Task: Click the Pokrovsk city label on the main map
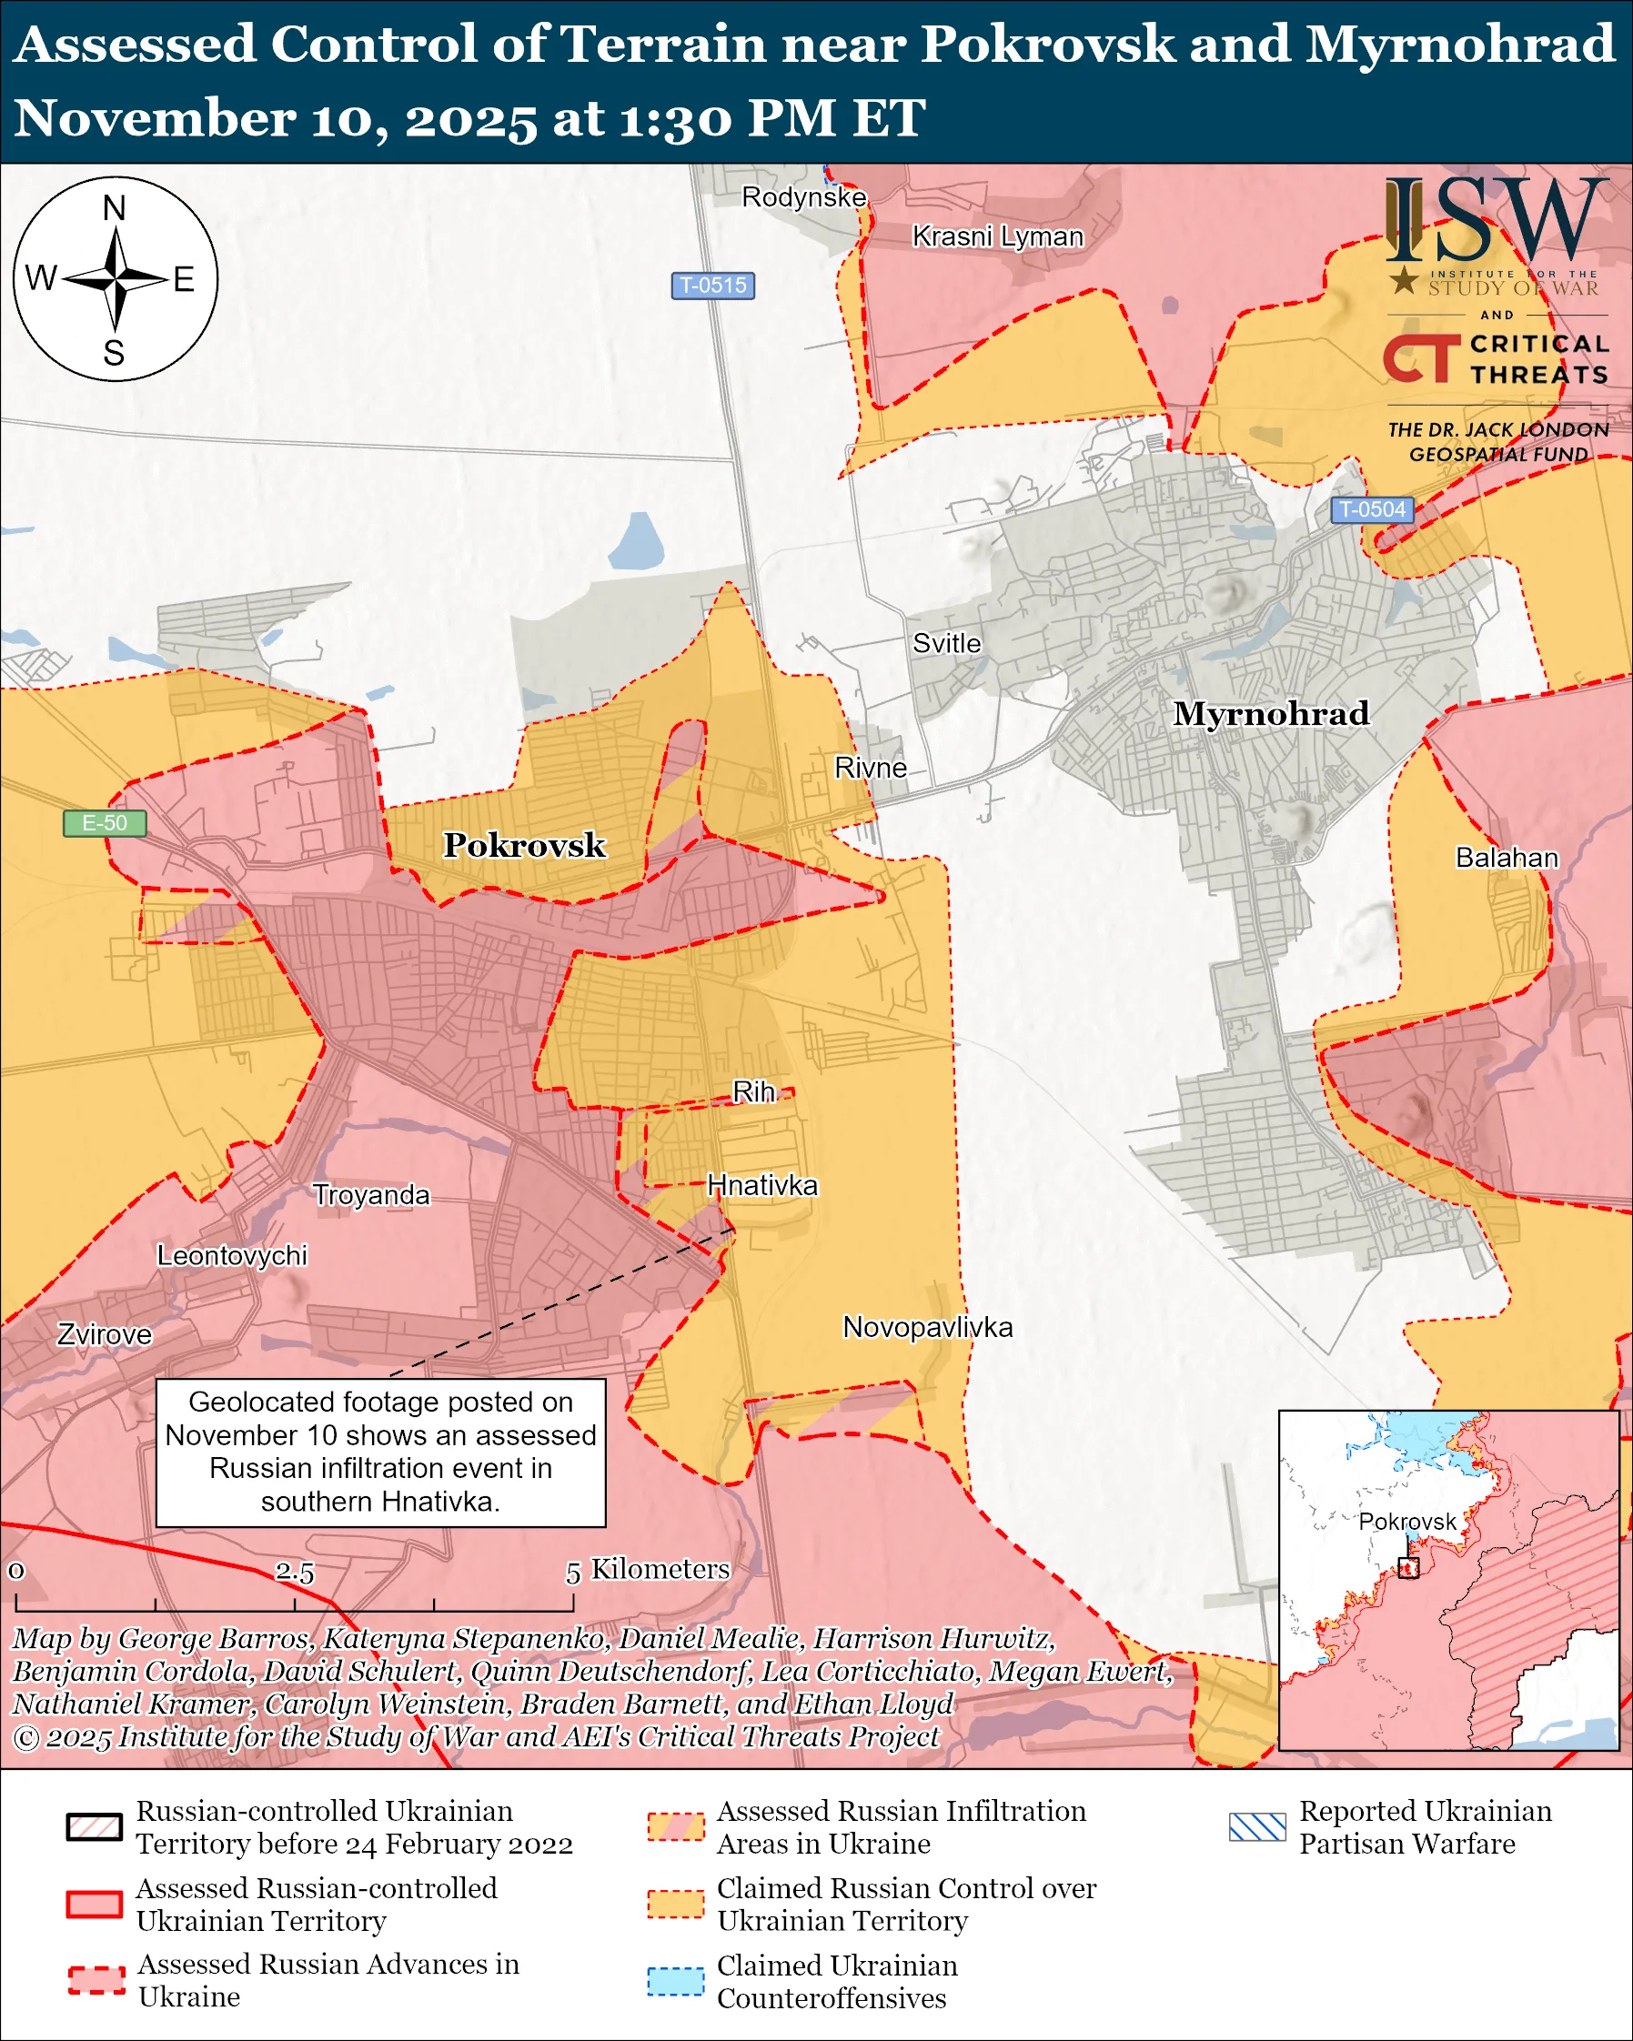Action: pyautogui.click(x=524, y=845)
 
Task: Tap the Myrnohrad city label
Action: pyautogui.click(x=1270, y=713)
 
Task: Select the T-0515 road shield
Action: pyautogui.click(x=713, y=285)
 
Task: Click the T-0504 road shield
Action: pyautogui.click(x=1373, y=509)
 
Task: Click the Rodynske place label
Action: pyautogui.click(x=803, y=196)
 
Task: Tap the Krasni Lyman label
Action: pyautogui.click(x=997, y=236)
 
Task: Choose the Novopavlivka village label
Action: pyautogui.click(x=928, y=1327)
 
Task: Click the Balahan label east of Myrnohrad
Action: pyautogui.click(x=1507, y=858)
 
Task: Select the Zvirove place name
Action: pyautogui.click(x=104, y=1335)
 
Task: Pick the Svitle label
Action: pyautogui.click(x=947, y=644)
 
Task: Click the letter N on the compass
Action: pyautogui.click(x=114, y=208)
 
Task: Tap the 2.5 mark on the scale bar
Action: pyautogui.click(x=295, y=1573)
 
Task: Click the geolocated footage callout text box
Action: pyautogui.click(x=380, y=1453)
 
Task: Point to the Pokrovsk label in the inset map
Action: pyautogui.click(x=1406, y=1522)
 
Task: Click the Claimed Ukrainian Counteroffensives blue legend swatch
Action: pyautogui.click(x=675, y=1981)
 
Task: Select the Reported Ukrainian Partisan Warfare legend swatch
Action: pyautogui.click(x=1257, y=1827)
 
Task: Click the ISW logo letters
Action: pyautogui.click(x=1496, y=221)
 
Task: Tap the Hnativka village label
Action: pyautogui.click(x=762, y=1185)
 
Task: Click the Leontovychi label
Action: pyautogui.click(x=232, y=1255)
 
